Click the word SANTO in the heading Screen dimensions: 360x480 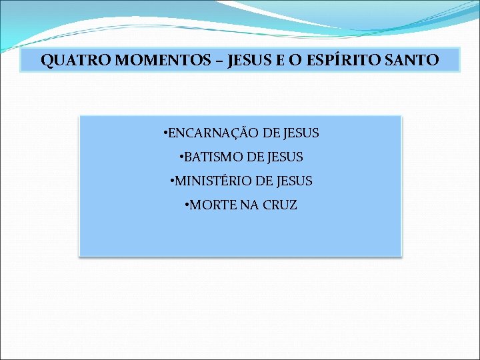point(411,61)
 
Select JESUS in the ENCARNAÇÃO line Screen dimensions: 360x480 point(300,133)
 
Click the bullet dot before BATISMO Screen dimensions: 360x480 point(181,158)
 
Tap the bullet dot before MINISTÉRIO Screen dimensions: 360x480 point(172,181)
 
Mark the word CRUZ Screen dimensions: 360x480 point(280,205)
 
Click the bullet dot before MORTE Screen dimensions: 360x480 point(187,205)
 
